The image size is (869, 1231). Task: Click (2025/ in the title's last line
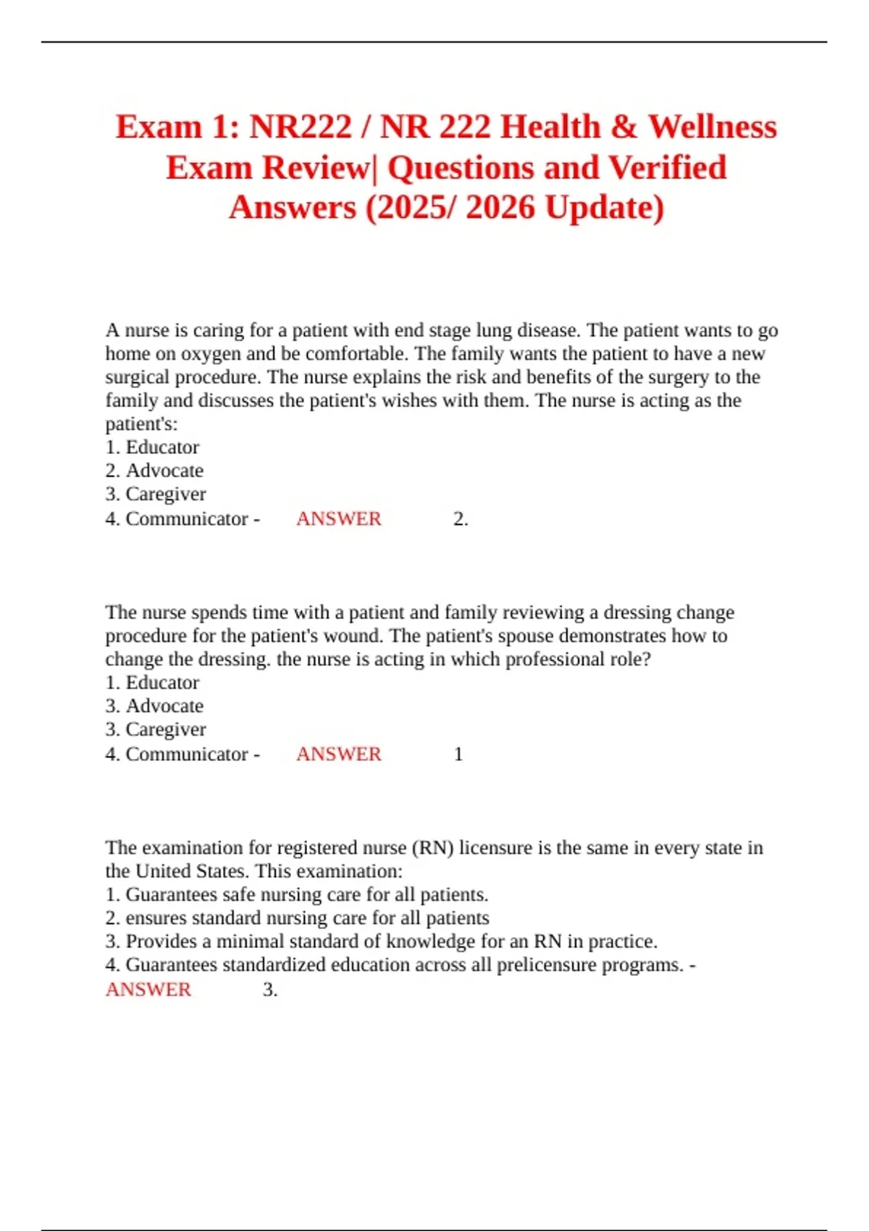coord(410,208)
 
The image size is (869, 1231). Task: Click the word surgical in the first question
coord(138,377)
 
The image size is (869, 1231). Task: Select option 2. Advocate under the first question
coord(154,471)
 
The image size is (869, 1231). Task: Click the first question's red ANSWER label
coord(338,519)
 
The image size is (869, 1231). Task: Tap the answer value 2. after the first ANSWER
coord(461,519)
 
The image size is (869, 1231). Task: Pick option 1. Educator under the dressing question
coord(152,683)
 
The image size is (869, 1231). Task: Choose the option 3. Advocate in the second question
coord(154,706)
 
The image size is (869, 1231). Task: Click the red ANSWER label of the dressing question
coord(338,755)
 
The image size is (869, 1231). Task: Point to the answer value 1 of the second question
coord(458,755)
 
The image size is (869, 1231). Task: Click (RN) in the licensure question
coord(432,848)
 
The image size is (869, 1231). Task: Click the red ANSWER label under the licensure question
coord(148,990)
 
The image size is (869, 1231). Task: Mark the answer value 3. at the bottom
coord(270,990)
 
